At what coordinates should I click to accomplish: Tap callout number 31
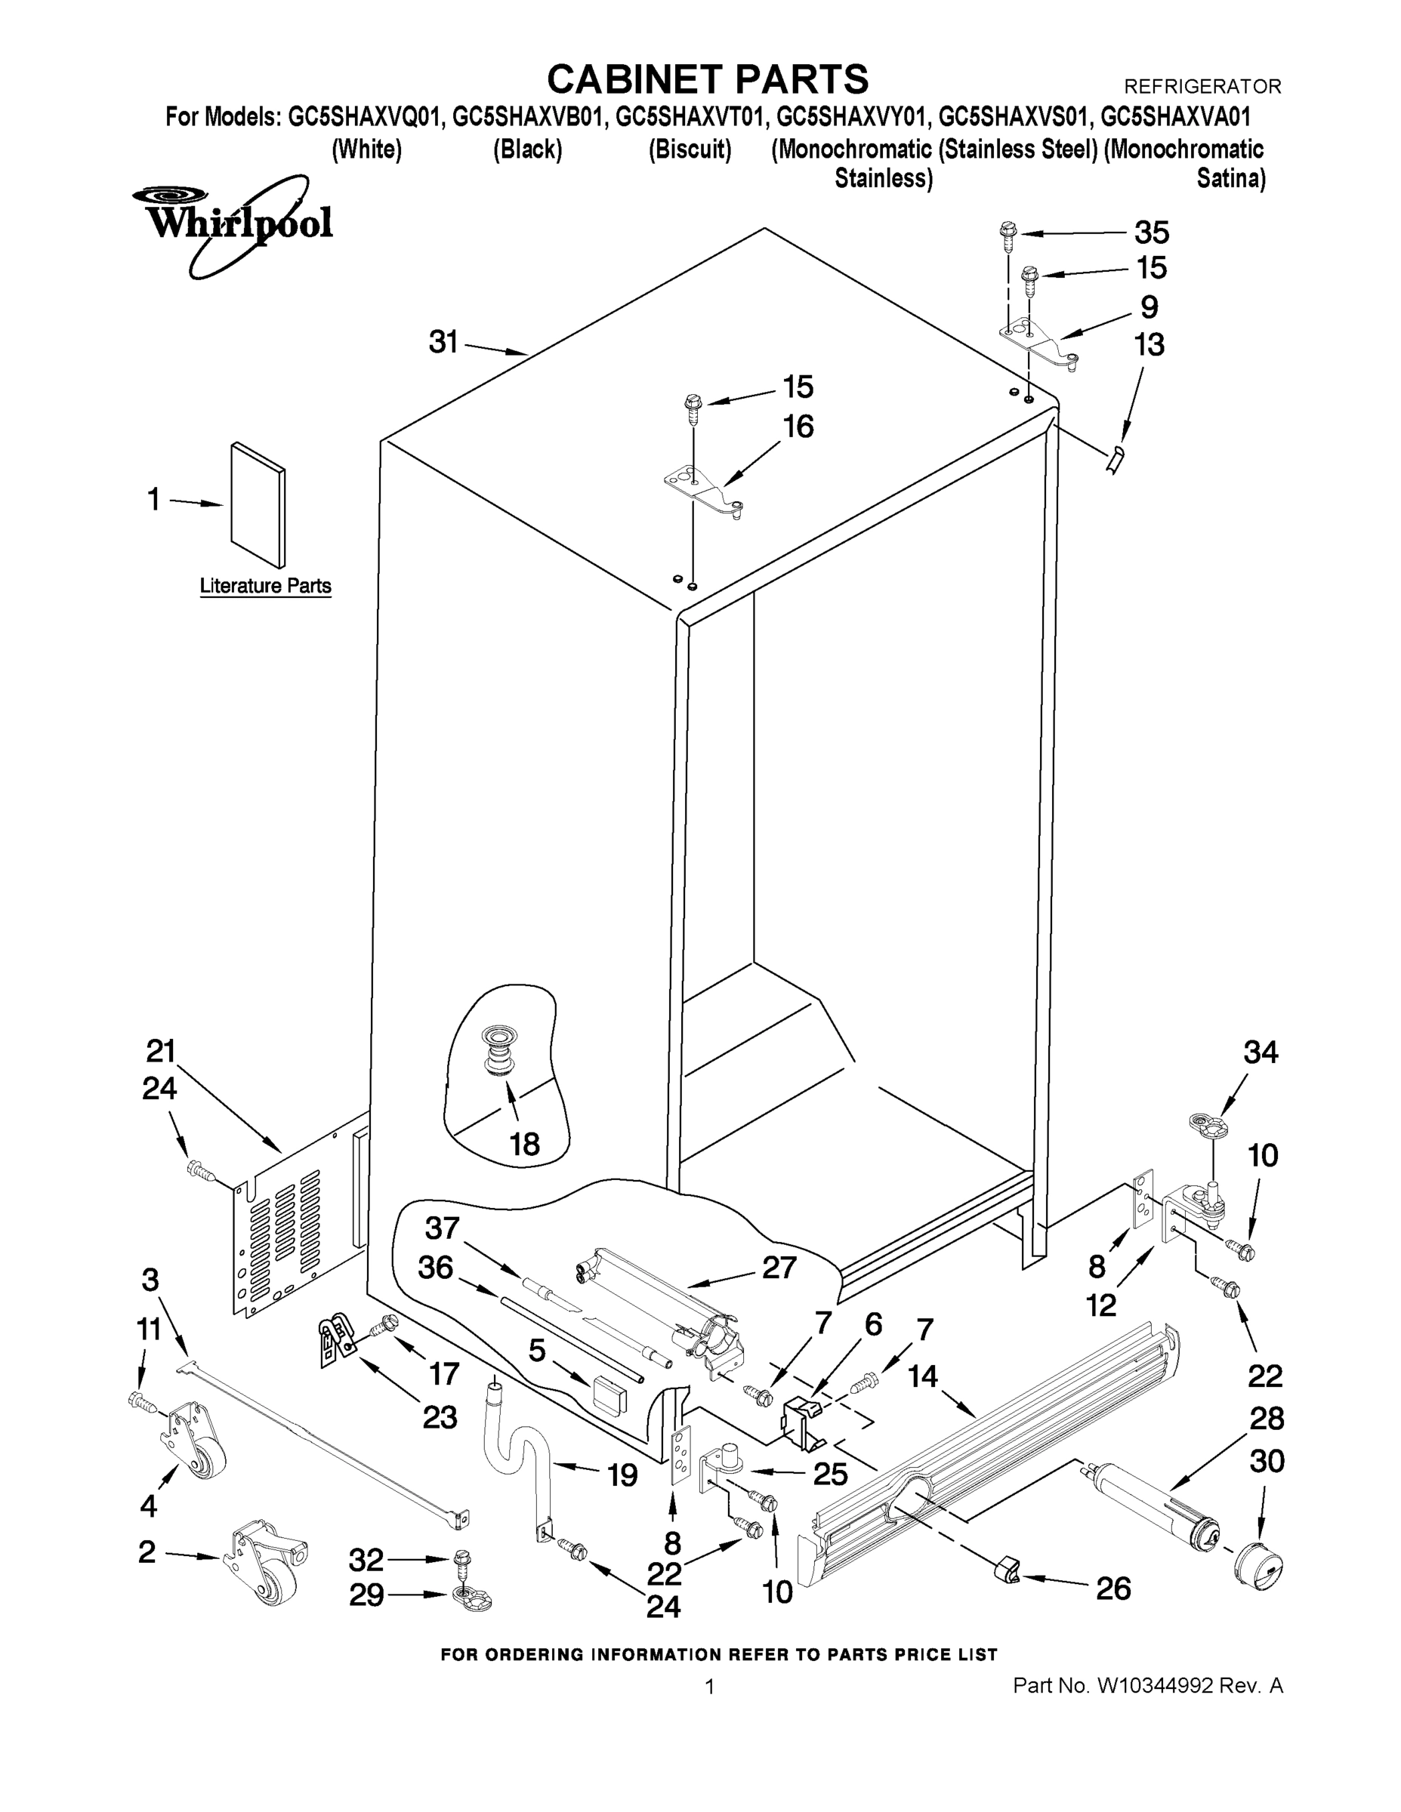tap(443, 341)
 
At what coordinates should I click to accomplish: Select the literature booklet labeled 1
tap(258, 503)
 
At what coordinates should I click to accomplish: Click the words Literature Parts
tap(266, 586)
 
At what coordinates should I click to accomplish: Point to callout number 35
tap(1151, 233)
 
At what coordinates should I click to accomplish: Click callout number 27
tap(779, 1268)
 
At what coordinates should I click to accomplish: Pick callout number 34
tap(1261, 1052)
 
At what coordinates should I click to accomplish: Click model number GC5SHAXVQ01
tap(362, 117)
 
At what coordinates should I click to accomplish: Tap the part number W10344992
tap(1156, 1685)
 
